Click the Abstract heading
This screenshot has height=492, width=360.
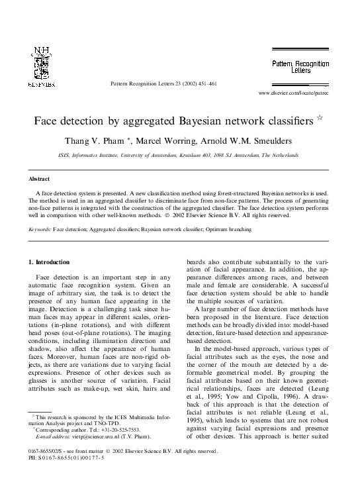(40, 178)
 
